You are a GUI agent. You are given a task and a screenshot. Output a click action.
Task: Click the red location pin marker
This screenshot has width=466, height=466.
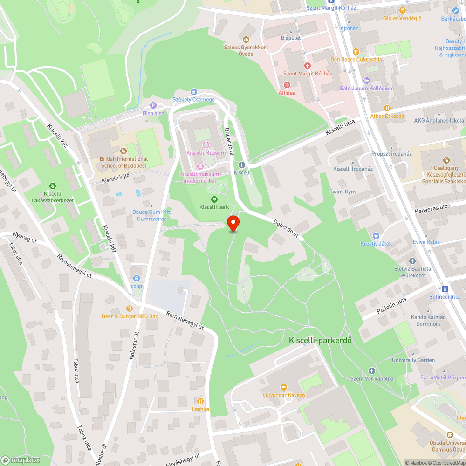click(x=233, y=223)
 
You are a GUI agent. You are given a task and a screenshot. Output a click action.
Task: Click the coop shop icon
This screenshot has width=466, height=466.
click(x=136, y=278)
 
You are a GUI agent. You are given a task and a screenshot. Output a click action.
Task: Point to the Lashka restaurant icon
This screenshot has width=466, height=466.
click(x=200, y=401)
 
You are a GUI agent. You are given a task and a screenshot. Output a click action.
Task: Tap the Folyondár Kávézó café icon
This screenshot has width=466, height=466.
click(x=283, y=387)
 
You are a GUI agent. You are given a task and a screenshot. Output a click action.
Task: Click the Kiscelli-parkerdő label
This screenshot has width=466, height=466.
click(x=320, y=340)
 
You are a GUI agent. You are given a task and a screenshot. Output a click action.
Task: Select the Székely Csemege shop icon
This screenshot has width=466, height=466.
click(x=194, y=92)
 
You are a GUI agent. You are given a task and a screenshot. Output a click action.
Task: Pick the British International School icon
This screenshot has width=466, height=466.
click(x=123, y=151)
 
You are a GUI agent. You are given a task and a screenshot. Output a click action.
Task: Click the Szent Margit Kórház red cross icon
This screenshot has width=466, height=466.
click(x=307, y=66)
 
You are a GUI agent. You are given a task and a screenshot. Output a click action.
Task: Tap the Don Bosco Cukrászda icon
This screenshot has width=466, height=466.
click(x=356, y=52)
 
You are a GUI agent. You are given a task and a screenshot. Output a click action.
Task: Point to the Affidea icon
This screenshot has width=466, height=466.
click(x=287, y=85)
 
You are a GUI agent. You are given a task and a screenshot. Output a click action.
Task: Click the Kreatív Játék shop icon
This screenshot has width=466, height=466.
click(x=376, y=236)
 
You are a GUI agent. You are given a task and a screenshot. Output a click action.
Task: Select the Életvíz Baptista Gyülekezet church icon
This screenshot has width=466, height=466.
click(x=412, y=261)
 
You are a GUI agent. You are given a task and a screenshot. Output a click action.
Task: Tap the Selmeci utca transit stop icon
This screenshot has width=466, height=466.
click(x=445, y=288)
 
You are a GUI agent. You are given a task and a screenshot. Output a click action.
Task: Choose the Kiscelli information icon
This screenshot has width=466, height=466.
click(x=241, y=165)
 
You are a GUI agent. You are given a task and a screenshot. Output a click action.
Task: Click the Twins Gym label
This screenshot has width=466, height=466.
click(x=343, y=192)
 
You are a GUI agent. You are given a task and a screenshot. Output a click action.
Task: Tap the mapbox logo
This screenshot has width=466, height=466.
click(x=21, y=460)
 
